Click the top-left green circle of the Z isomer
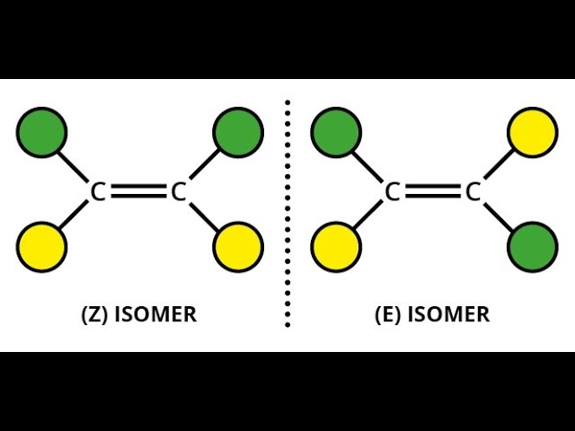click(x=41, y=132)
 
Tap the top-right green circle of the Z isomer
click(x=238, y=132)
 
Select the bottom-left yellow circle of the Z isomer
click(x=41, y=246)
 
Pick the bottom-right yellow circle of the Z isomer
click(x=238, y=246)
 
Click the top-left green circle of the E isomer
click(x=336, y=132)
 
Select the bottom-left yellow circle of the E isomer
click(x=336, y=246)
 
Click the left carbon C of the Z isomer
click(x=99, y=191)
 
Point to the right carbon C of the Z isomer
click(x=178, y=191)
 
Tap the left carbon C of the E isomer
click(x=393, y=191)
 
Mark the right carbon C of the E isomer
click(x=473, y=191)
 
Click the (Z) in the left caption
click(x=94, y=315)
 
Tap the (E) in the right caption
click(x=388, y=315)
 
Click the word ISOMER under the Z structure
click(x=155, y=315)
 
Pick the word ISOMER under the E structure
click(x=449, y=315)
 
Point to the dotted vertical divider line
click(x=287, y=215)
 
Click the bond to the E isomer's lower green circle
click(x=499, y=215)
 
